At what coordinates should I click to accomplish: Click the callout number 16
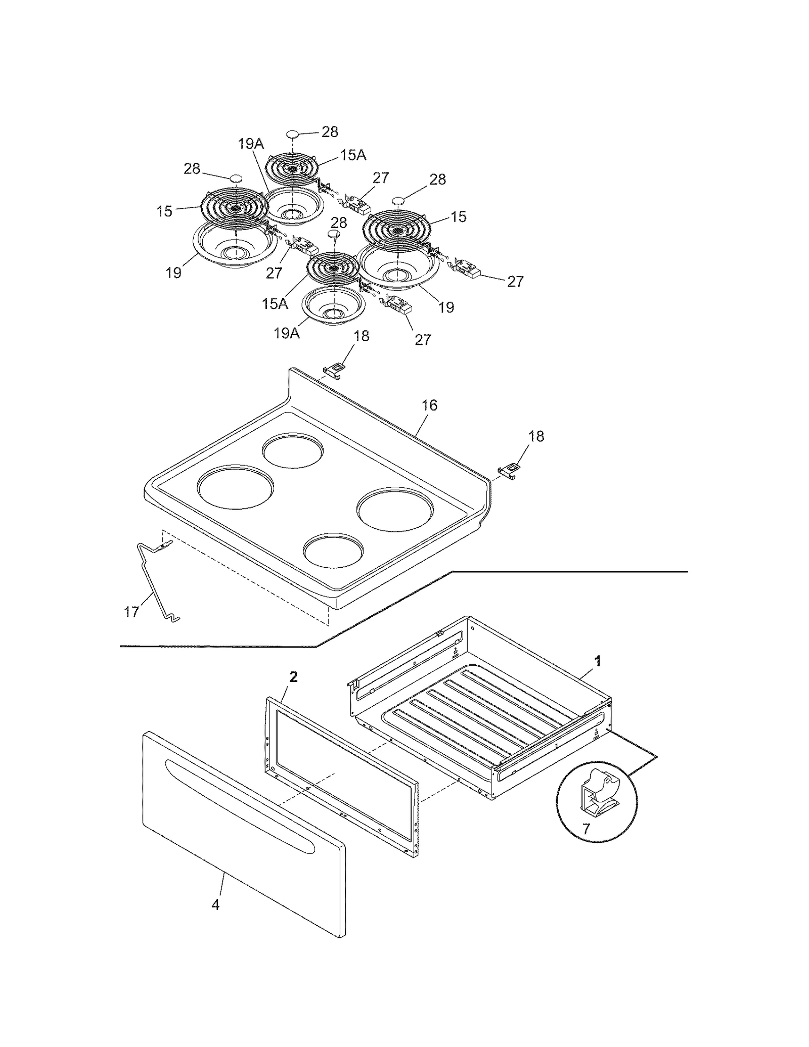429,405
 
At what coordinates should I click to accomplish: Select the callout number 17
131,612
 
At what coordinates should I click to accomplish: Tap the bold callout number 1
598,661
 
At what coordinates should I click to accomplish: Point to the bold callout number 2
293,677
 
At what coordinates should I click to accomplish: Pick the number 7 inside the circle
586,829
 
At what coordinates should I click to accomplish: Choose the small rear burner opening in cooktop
293,449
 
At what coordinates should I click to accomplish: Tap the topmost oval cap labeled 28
293,134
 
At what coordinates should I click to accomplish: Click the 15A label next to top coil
352,155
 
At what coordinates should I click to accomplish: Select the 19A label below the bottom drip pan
287,333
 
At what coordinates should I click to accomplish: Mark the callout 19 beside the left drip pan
173,272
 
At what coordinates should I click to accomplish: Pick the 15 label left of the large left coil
164,211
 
